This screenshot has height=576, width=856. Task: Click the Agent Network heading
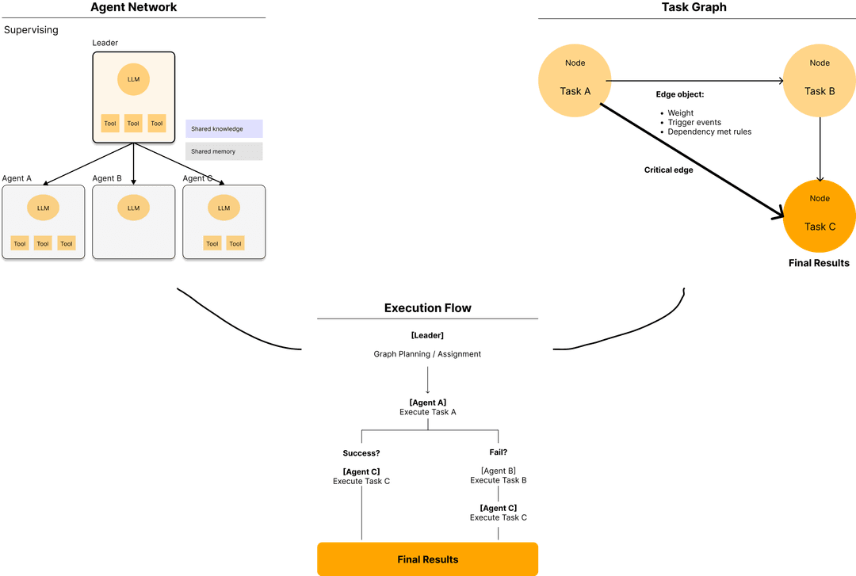coord(133,8)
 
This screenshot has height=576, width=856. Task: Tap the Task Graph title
coord(694,8)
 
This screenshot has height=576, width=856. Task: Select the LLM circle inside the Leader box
coord(133,79)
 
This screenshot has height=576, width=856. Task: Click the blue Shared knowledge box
coord(224,128)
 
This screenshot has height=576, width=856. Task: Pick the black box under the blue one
coord(224,151)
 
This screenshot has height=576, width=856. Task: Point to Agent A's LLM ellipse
coord(43,208)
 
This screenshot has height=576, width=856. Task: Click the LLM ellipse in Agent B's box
coord(133,208)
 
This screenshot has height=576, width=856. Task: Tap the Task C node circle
coord(820,216)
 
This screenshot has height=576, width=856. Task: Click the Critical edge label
coord(669,170)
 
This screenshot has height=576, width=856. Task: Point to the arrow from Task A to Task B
coord(697,80)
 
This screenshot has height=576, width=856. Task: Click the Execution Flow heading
coord(428,308)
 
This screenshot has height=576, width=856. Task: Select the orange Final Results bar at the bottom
coord(428,559)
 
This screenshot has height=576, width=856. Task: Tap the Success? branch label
coord(361,453)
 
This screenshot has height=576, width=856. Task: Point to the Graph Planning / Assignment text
coord(427,354)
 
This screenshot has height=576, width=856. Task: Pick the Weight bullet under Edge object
coord(680,113)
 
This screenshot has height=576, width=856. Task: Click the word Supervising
coord(31,30)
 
